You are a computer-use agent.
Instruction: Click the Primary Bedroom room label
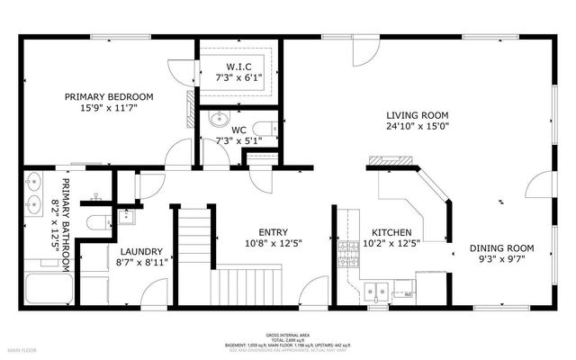tap(108, 96)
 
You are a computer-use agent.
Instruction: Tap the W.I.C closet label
tap(238, 67)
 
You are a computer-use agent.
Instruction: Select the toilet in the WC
tap(264, 127)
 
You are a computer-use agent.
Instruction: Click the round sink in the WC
tap(219, 119)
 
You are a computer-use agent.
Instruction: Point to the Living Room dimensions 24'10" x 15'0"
tap(417, 127)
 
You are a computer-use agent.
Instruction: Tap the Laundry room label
tap(141, 251)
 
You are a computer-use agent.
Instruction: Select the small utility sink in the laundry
tap(125, 217)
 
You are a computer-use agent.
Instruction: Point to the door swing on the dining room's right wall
tap(539, 190)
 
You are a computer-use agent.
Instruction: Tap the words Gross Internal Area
tap(287, 332)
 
